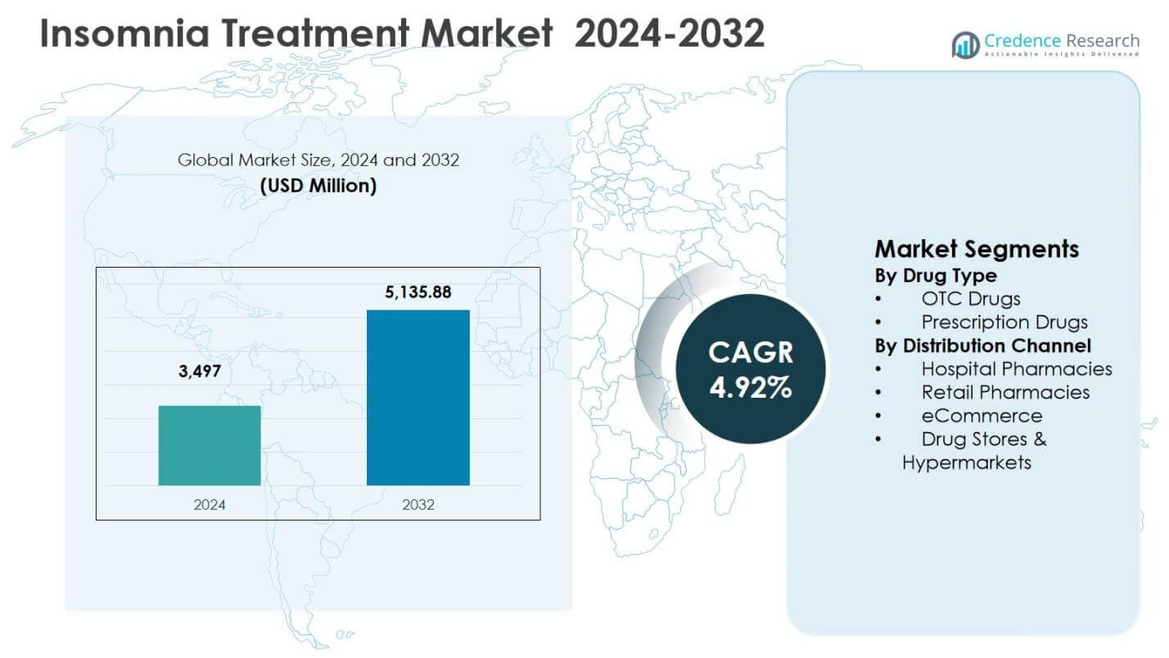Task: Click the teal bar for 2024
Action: [210, 445]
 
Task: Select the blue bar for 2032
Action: [417, 398]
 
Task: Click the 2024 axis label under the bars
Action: [210, 505]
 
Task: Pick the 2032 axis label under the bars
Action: [418, 505]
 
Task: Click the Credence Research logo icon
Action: [965, 45]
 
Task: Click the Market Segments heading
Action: [977, 249]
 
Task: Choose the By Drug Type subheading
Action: [936, 276]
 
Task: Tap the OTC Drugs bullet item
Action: [970, 299]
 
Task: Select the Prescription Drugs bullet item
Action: [1004, 322]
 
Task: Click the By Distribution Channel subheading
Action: [982, 345]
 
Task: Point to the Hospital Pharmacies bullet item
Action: [1016, 369]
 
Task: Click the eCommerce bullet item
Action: [982, 416]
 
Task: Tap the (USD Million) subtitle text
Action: [318, 186]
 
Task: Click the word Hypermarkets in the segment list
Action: [966, 462]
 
